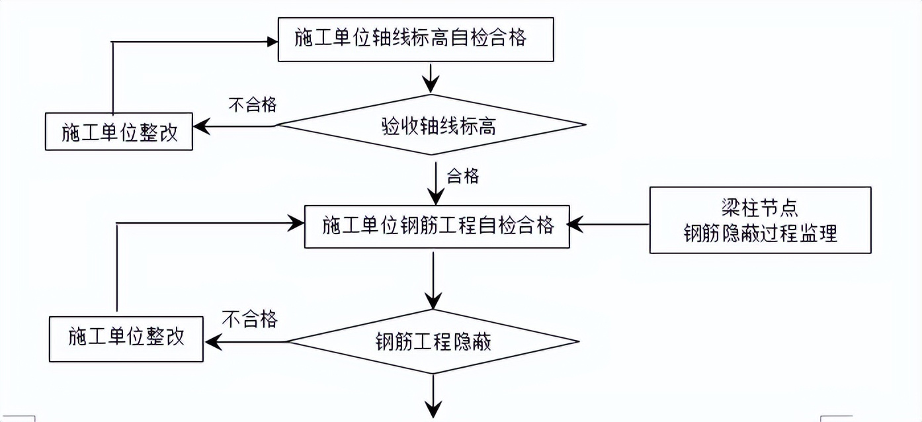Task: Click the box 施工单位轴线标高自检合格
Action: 415,38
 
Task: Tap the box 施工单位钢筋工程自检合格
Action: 437,226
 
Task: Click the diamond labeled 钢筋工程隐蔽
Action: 433,343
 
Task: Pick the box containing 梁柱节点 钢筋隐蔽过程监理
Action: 760,220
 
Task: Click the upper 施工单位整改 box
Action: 119,132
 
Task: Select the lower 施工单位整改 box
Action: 126,339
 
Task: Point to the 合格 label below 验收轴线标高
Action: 463,177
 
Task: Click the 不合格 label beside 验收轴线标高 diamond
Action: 252,105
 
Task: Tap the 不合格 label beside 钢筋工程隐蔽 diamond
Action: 249,320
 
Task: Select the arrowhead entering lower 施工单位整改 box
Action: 212,342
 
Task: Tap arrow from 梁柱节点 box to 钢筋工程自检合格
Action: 608,224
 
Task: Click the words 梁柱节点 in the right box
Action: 760,208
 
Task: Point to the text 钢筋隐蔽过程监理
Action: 760,233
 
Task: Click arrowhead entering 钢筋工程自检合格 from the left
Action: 296,224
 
